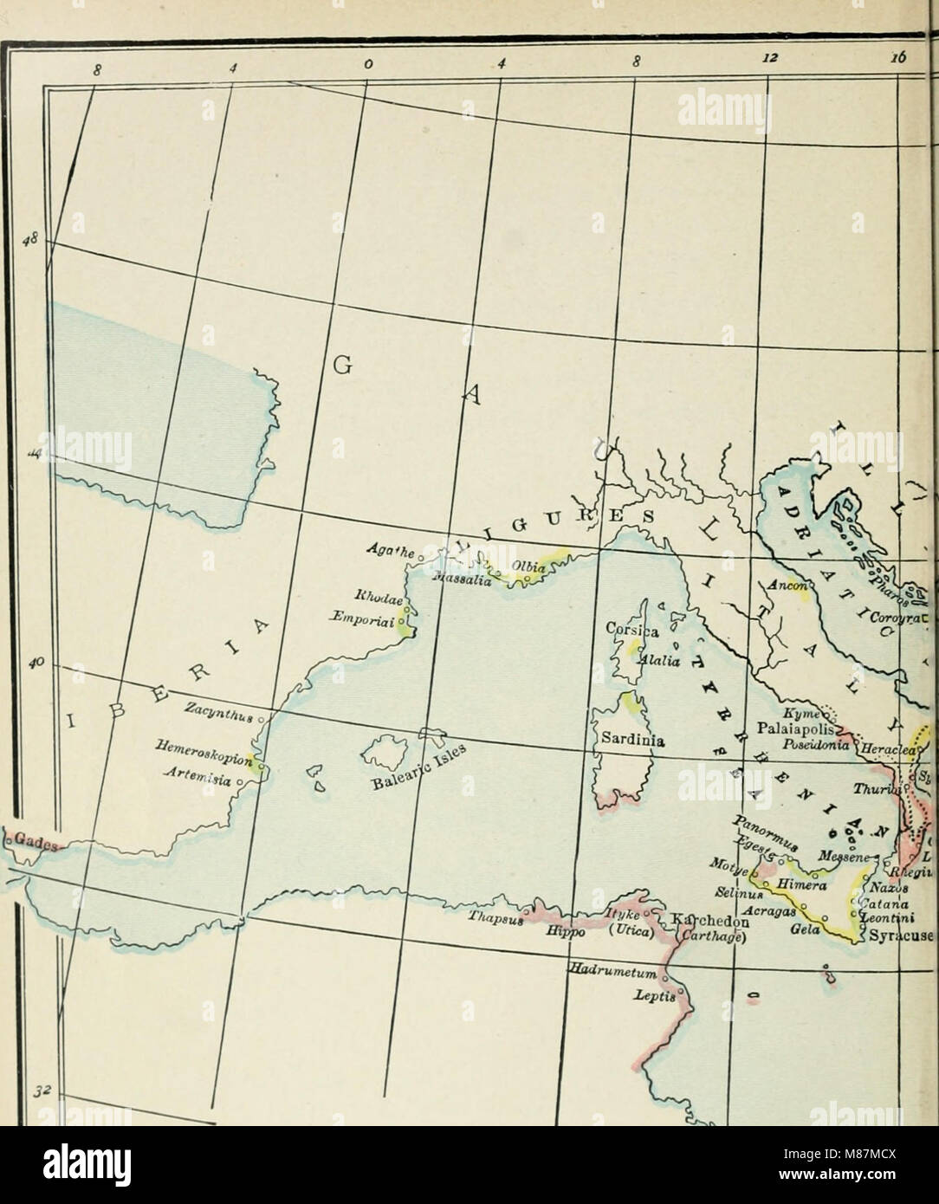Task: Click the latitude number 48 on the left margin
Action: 36,240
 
